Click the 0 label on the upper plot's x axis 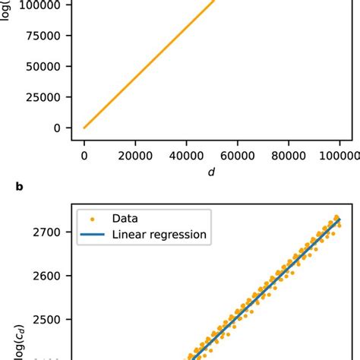coord(84,155)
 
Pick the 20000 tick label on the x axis coord(135,155)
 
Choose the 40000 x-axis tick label coord(186,155)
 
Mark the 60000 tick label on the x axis coord(238,155)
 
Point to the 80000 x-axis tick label coord(289,155)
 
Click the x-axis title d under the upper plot coord(212,172)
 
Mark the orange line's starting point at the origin coord(84,128)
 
